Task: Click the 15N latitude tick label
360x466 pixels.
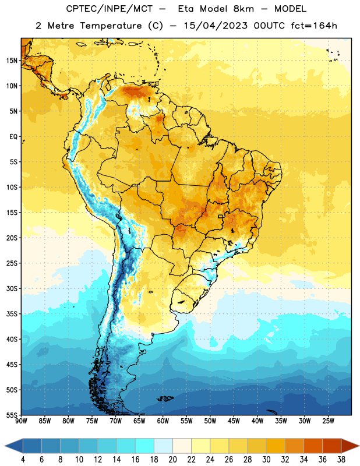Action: pyautogui.click(x=12, y=61)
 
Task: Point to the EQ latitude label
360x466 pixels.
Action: pyautogui.click(x=13, y=137)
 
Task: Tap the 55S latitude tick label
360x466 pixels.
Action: pyautogui.click(x=12, y=415)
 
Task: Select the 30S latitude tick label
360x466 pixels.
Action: pyautogui.click(x=12, y=288)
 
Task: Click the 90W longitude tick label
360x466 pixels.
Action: pyautogui.click(x=21, y=421)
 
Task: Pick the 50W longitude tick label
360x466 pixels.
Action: pyautogui.click(x=210, y=421)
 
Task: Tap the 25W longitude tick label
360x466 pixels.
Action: pyautogui.click(x=328, y=421)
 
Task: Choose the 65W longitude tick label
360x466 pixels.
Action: pyautogui.click(x=139, y=421)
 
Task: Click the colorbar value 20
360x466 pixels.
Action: pyautogui.click(x=172, y=460)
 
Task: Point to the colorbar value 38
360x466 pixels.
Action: pyautogui.click(x=341, y=460)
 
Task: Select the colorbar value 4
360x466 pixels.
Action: pyautogui.click(x=23, y=460)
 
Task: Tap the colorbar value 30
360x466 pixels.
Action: pyautogui.click(x=266, y=460)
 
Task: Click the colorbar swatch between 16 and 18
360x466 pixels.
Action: pyautogui.click(x=145, y=446)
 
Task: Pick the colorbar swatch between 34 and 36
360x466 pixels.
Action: pyautogui.click(x=313, y=446)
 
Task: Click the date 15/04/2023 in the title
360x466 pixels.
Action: pyautogui.click(x=216, y=26)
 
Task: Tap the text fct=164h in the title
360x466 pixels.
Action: pyautogui.click(x=314, y=26)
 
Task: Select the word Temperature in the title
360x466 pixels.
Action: pyautogui.click(x=111, y=26)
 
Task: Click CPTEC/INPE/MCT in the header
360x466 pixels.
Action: pyautogui.click(x=110, y=9)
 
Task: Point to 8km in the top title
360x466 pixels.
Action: pyautogui.click(x=243, y=9)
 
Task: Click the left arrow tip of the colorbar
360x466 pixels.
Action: pyautogui.click(x=5, y=446)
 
